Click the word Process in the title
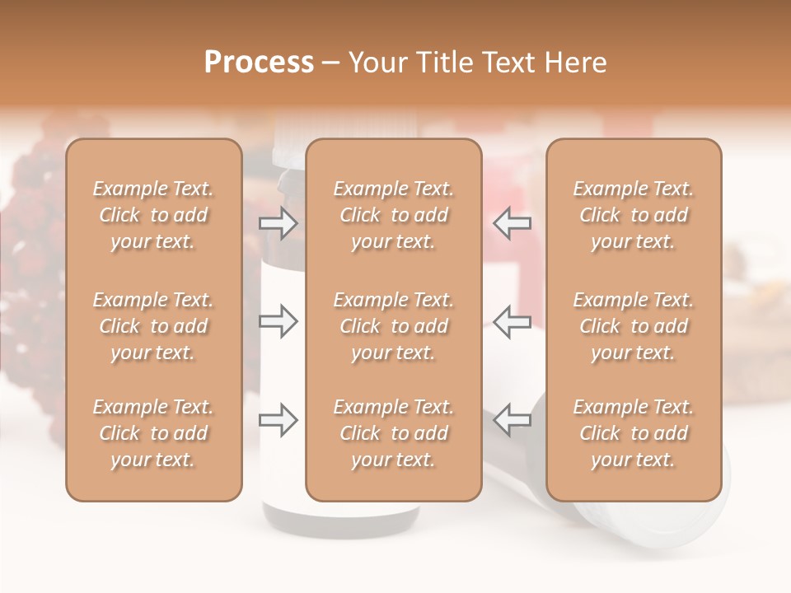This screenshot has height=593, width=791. point(259,63)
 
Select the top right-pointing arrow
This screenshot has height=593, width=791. point(278,223)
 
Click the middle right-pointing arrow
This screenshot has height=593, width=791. point(278,321)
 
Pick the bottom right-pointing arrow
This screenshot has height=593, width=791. point(278,419)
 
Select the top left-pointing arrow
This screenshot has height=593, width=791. point(512,223)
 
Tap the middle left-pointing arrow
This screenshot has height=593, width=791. point(512,321)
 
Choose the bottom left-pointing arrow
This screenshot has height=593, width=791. point(512,419)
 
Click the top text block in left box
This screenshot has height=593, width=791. point(153,215)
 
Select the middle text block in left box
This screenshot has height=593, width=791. point(153,326)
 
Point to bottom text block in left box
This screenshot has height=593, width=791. point(153,433)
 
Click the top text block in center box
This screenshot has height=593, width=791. point(394,215)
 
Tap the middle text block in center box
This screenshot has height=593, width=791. point(394,326)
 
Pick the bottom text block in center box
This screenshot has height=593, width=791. point(394,433)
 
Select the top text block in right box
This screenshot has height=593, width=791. point(634,215)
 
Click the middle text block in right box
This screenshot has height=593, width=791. point(634,326)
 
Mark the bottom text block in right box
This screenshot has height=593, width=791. point(634,433)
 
